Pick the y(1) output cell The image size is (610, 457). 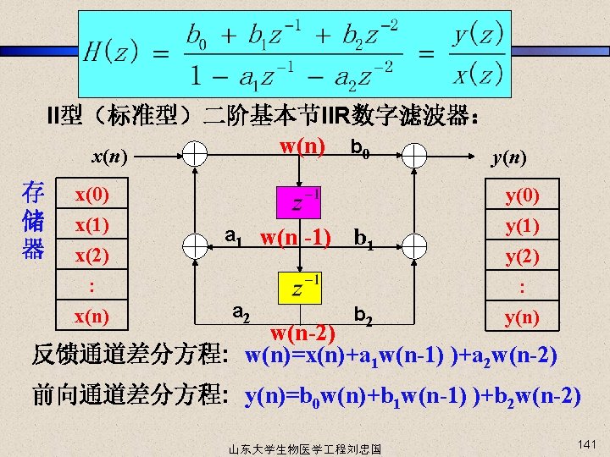tap(523, 226)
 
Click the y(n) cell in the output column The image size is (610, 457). tap(523, 317)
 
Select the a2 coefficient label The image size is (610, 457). tap(240, 315)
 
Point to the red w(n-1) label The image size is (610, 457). tap(296, 235)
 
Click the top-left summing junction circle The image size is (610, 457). tap(195, 153)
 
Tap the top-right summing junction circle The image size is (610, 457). tap(415, 153)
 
